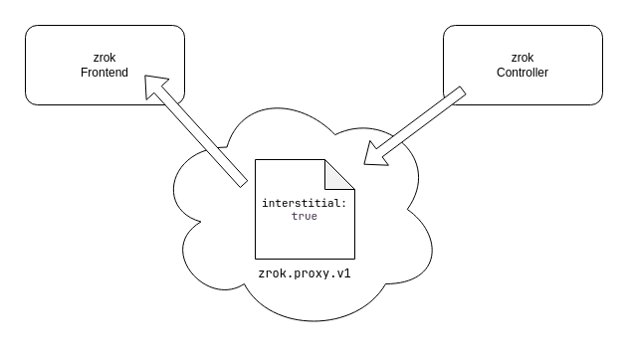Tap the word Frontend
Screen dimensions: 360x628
click(x=105, y=73)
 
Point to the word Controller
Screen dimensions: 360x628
click(x=523, y=73)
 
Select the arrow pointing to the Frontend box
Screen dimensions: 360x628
click(x=196, y=130)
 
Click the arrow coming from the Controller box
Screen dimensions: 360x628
click(x=418, y=123)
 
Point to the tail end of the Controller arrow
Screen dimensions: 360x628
click(x=459, y=94)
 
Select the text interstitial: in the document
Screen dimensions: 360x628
click(x=304, y=203)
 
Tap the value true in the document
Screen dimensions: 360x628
click(x=304, y=216)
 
